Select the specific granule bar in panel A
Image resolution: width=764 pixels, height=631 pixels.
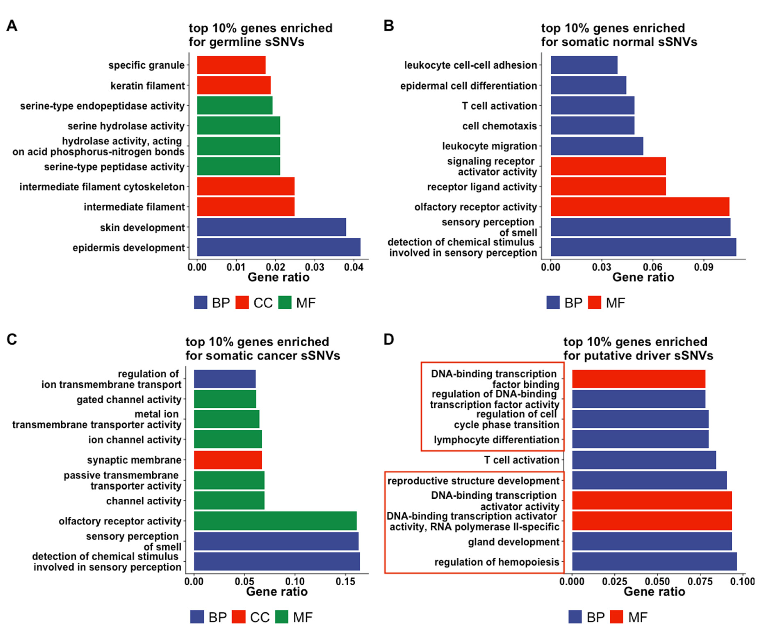[x=231, y=65]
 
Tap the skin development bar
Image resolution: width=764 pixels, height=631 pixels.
[x=271, y=227]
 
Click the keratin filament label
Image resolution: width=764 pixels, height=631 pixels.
[x=148, y=86]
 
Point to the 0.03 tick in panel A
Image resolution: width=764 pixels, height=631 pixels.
[x=314, y=267]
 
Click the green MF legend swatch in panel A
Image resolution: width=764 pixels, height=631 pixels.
[x=285, y=302]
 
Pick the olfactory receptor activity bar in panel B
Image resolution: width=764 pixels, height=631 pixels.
[x=640, y=207]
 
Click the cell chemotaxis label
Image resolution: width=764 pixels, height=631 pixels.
[x=499, y=126]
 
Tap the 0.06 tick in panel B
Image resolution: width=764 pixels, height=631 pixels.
[x=653, y=267]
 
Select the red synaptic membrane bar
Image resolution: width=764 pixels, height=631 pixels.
[x=227, y=460]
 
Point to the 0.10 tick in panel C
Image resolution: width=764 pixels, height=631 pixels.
[x=295, y=582]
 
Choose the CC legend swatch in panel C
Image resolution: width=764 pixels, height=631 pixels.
[x=238, y=617]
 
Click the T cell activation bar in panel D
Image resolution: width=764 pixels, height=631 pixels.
[x=644, y=460]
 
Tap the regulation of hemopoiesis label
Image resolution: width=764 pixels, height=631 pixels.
[x=497, y=562]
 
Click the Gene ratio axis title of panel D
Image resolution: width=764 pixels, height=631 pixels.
[x=654, y=591]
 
